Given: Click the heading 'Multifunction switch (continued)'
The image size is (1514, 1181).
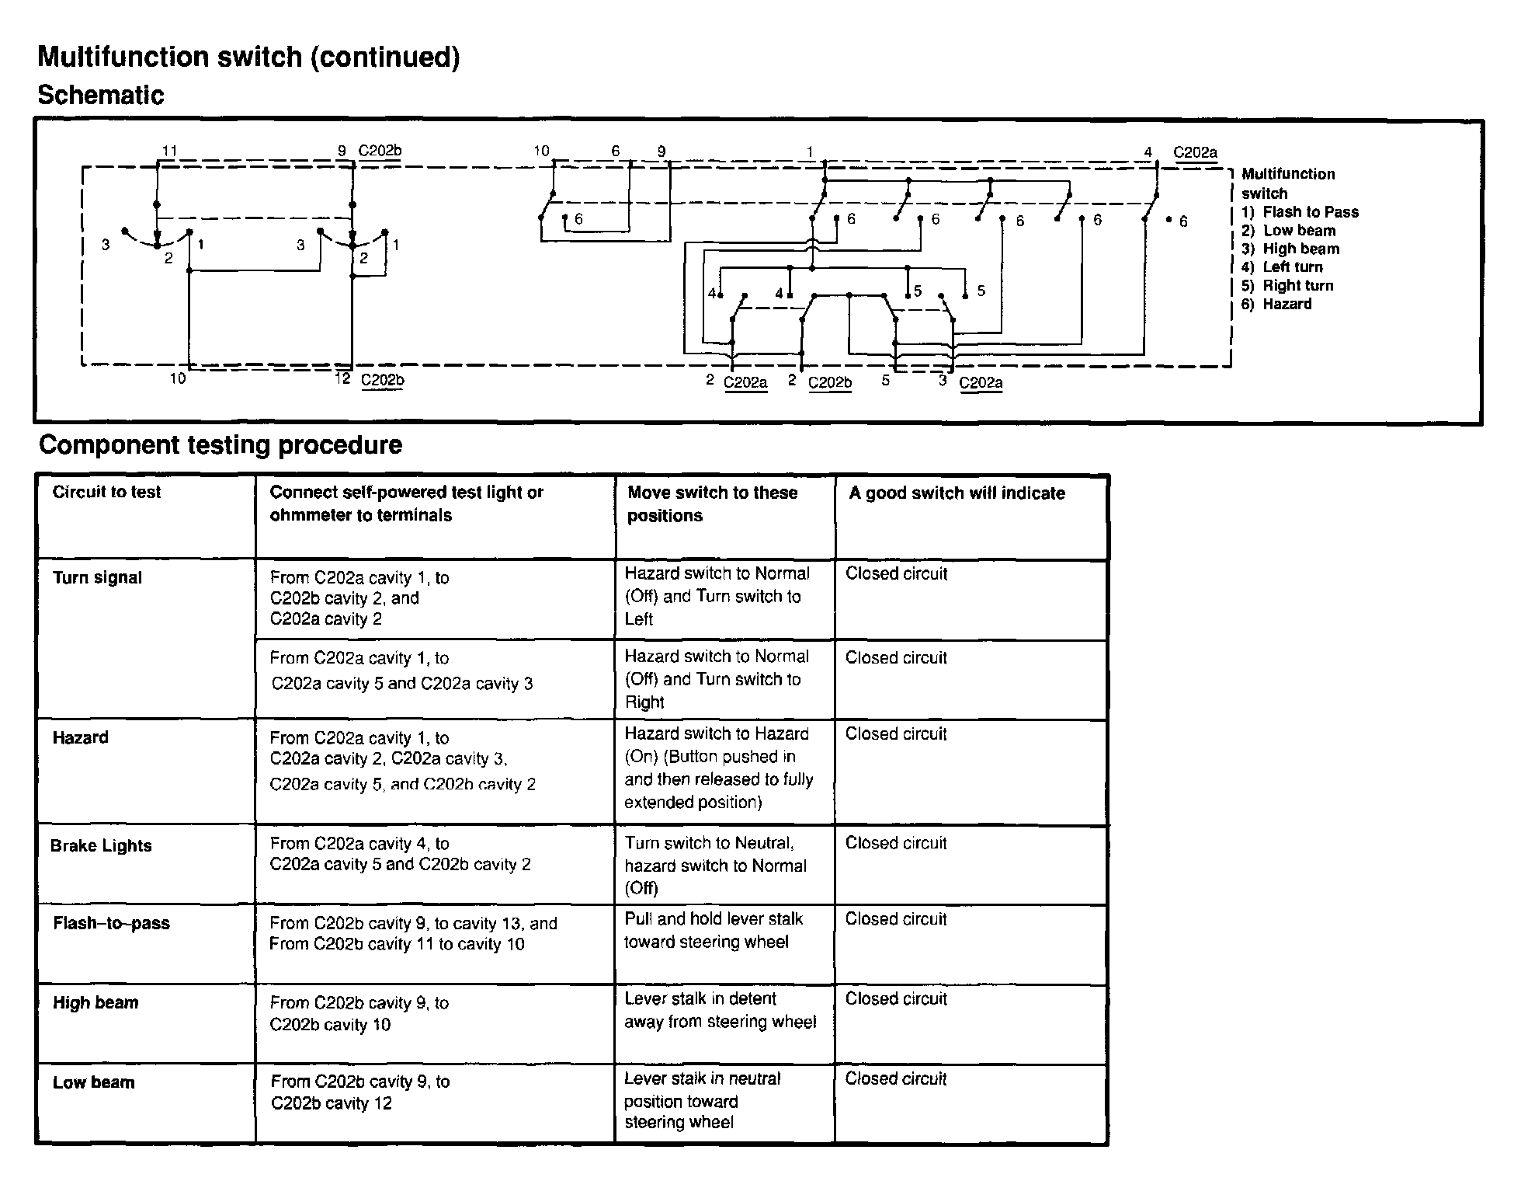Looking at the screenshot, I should pyautogui.click(x=248, y=57).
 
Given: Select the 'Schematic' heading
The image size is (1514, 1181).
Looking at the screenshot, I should pyautogui.click(x=101, y=96).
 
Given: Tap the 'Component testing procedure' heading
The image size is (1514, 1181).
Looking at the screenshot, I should pyautogui.click(x=221, y=445).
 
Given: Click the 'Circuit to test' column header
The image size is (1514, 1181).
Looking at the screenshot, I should pyautogui.click(x=106, y=492).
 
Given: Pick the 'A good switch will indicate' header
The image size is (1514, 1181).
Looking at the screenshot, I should pyautogui.click(x=957, y=493).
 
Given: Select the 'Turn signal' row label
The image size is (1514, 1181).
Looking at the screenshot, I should pyautogui.click(x=97, y=578).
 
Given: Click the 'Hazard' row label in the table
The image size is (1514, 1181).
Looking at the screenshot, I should pyautogui.click(x=80, y=738).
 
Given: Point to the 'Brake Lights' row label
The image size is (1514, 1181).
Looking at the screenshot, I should pyautogui.click(x=101, y=846).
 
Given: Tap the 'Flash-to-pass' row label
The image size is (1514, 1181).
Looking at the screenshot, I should pyautogui.click(x=111, y=924).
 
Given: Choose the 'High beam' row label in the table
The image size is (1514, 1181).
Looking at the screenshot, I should pyautogui.click(x=95, y=1003).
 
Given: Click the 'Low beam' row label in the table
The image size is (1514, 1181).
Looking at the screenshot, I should pyautogui.click(x=93, y=1083).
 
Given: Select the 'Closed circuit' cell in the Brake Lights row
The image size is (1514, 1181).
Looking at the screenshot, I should pyautogui.click(x=896, y=844).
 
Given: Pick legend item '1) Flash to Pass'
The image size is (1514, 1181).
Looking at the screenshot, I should pyautogui.click(x=1300, y=212).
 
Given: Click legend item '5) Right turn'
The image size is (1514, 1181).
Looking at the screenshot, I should pyautogui.click(x=1287, y=286).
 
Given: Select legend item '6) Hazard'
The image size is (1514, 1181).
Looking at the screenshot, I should pyautogui.click(x=1276, y=305).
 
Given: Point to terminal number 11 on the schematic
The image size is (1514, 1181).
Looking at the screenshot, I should pyautogui.click(x=169, y=151).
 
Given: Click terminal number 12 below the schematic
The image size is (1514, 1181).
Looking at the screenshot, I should pyautogui.click(x=342, y=378).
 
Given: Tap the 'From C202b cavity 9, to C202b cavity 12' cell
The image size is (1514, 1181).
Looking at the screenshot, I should pyautogui.click(x=360, y=1092).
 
